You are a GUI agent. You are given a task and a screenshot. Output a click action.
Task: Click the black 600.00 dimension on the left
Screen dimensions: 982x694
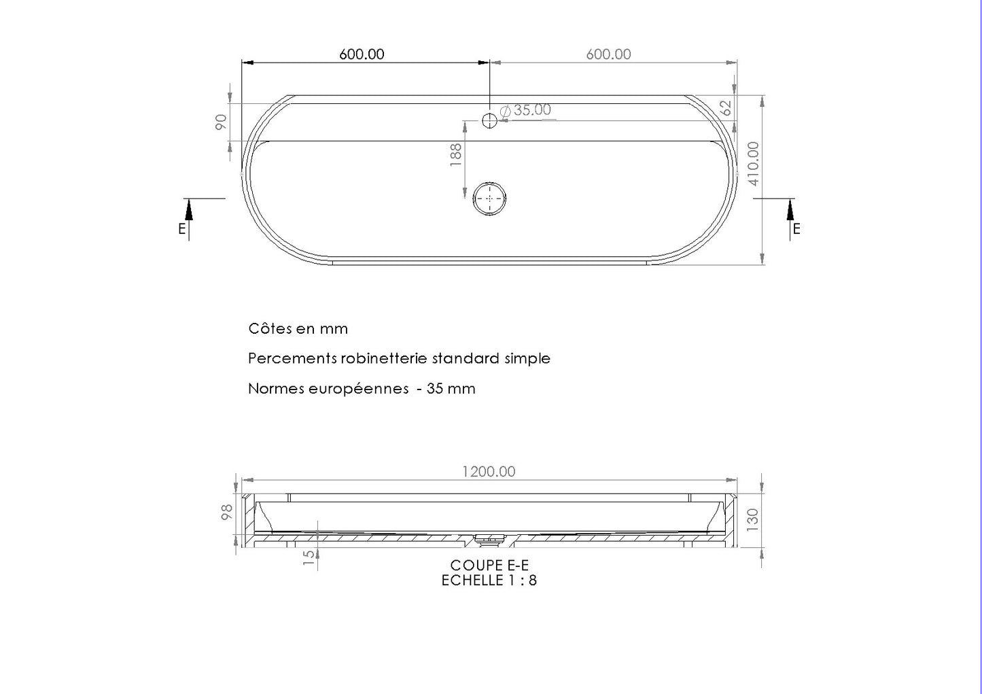point(362,54)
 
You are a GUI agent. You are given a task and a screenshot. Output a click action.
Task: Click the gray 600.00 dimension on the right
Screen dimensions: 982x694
point(608,54)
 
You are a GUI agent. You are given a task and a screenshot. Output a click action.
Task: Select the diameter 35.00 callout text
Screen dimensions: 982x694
point(525,109)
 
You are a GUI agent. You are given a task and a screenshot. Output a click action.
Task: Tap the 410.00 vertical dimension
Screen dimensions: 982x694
point(753,164)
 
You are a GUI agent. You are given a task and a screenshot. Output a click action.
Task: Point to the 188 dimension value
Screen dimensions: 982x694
point(456,155)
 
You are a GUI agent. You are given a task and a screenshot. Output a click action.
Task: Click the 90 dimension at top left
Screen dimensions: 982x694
point(221,122)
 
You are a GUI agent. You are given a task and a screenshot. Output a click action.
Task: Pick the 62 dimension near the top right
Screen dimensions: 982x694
point(726,108)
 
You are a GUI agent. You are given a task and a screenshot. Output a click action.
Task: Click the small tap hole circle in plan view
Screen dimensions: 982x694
point(489,120)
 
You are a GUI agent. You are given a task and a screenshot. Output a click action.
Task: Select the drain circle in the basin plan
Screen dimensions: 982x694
point(489,198)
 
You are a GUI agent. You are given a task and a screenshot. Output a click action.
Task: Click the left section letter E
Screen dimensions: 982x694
point(182,229)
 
